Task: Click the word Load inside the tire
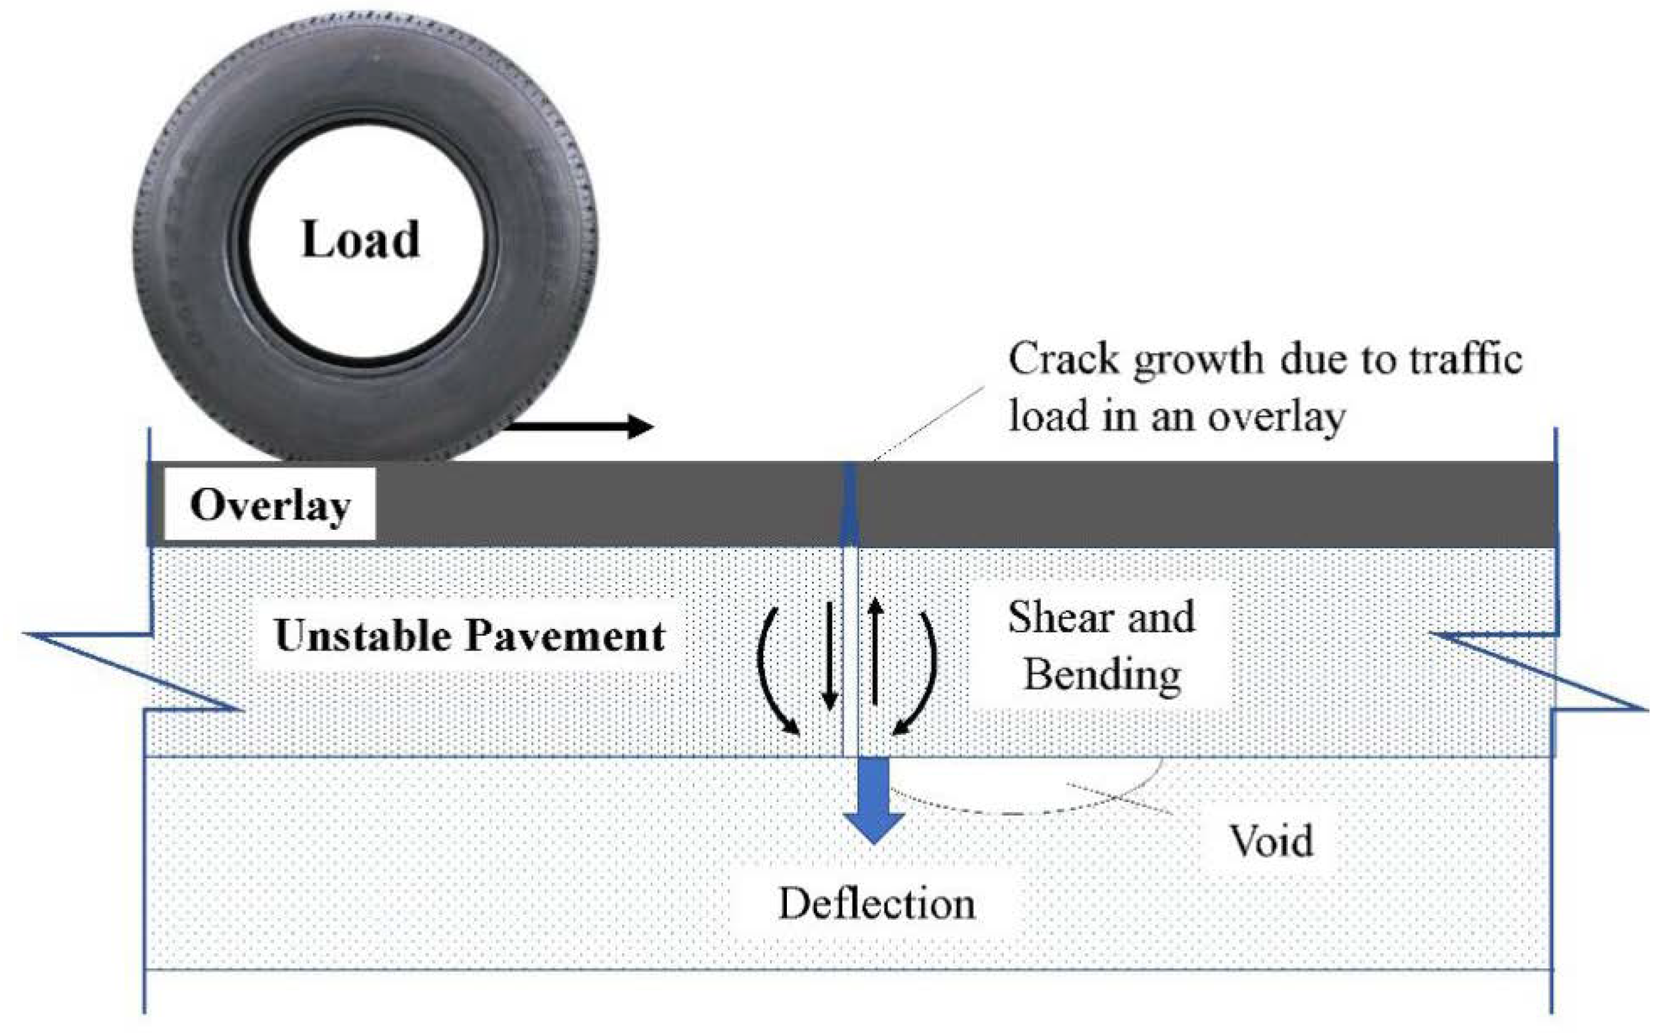[360, 240]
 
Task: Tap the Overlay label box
[270, 505]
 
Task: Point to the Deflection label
[876, 904]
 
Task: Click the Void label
[1271, 840]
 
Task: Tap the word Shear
[1062, 617]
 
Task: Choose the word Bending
[1102, 674]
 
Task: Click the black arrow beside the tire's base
[582, 426]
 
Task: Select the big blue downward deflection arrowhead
[874, 826]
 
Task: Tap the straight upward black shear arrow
[876, 651]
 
